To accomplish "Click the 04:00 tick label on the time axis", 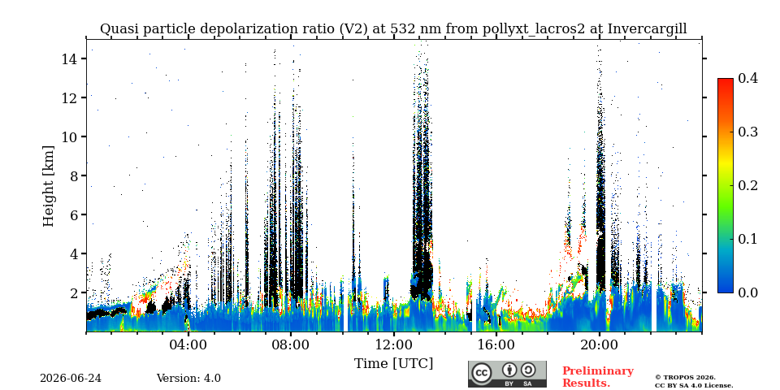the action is click(188, 344).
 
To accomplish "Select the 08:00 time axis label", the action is click(291, 344).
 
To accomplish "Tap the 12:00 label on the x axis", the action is click(393, 344).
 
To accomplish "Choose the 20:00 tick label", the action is click(599, 344).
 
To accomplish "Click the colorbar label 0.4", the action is click(747, 78).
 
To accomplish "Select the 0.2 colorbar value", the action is click(747, 185).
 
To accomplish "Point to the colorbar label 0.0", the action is click(747, 292).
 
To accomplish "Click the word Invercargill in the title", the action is click(648, 29).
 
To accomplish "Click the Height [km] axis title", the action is click(48, 186).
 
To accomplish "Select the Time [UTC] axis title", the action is click(393, 364).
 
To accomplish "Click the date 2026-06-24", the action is click(71, 379).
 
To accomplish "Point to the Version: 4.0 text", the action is click(188, 379).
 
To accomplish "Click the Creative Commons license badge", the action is click(507, 374).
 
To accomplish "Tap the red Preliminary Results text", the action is click(598, 377).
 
